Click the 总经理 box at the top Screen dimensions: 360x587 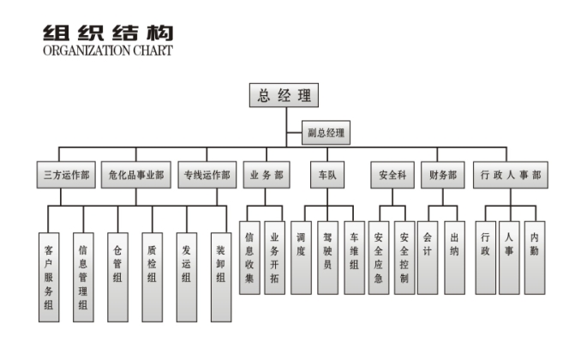click(285, 95)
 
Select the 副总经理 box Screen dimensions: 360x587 click(326, 134)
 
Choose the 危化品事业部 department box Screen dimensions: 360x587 click(136, 175)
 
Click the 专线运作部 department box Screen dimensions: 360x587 click(207, 175)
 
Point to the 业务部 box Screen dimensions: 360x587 click(267, 175)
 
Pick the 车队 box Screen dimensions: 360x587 click(326, 175)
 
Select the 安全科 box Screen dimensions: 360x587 click(392, 175)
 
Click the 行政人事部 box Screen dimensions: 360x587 click(511, 175)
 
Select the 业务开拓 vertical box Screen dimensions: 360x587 click(274, 249)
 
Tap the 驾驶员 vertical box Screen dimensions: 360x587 click(326, 249)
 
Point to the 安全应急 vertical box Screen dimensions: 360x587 click(379, 249)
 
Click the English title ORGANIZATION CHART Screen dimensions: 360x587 click(107, 51)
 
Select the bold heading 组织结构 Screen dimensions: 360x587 click(107, 32)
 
